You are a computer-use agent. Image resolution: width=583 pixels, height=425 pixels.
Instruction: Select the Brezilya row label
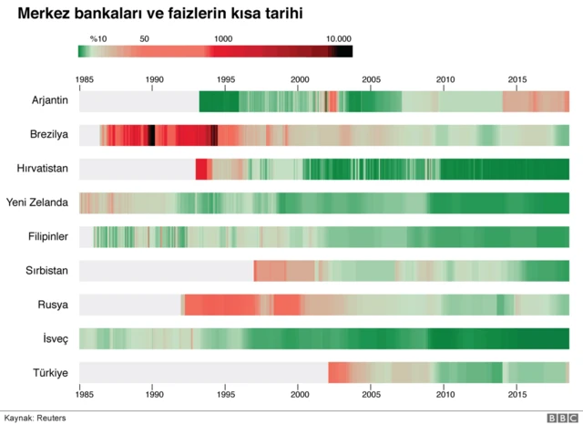tap(49, 136)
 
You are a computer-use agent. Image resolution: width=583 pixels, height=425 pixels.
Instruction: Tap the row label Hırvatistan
tap(43, 170)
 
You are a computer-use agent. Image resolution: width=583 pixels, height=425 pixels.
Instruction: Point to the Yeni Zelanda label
tap(38, 203)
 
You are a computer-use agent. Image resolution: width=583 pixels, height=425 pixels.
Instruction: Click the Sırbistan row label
tap(47, 271)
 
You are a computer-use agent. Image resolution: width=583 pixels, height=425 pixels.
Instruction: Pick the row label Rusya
tap(54, 305)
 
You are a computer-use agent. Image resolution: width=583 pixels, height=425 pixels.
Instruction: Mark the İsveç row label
tap(55, 338)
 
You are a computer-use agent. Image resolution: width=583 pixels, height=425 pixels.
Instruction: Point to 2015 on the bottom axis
tap(517, 396)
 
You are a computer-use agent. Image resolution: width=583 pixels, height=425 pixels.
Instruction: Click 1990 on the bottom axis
tap(155, 396)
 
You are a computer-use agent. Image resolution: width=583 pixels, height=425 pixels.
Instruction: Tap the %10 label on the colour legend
tap(98, 39)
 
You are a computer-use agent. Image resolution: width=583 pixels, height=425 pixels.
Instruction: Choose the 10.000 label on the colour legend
tap(338, 39)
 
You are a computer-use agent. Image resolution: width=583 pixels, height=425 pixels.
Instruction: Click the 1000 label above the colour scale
tap(222, 39)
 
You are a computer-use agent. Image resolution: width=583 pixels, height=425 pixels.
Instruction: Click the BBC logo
tap(561, 417)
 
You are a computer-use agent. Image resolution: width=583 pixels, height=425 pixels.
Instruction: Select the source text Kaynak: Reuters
tap(35, 418)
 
